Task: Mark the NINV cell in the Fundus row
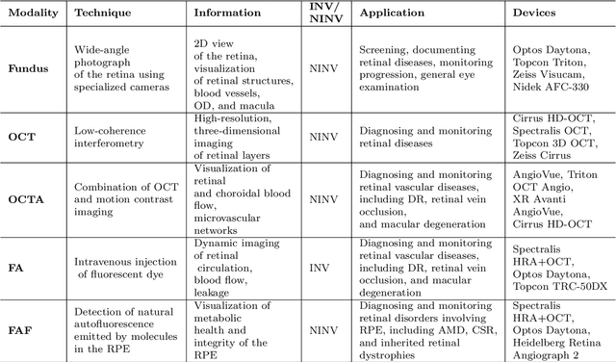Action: [326, 69]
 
